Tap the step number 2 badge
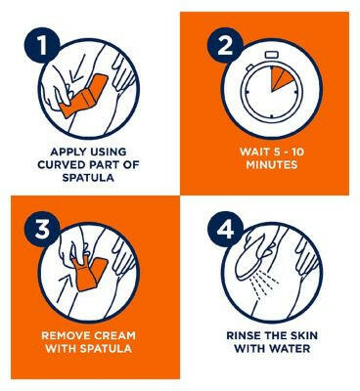point(225,47)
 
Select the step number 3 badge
point(43,231)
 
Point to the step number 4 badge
point(225,231)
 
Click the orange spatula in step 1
point(84,96)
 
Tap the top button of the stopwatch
point(272,55)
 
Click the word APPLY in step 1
point(67,152)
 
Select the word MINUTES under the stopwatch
point(272,165)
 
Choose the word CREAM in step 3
point(115,335)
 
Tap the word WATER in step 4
point(290,348)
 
